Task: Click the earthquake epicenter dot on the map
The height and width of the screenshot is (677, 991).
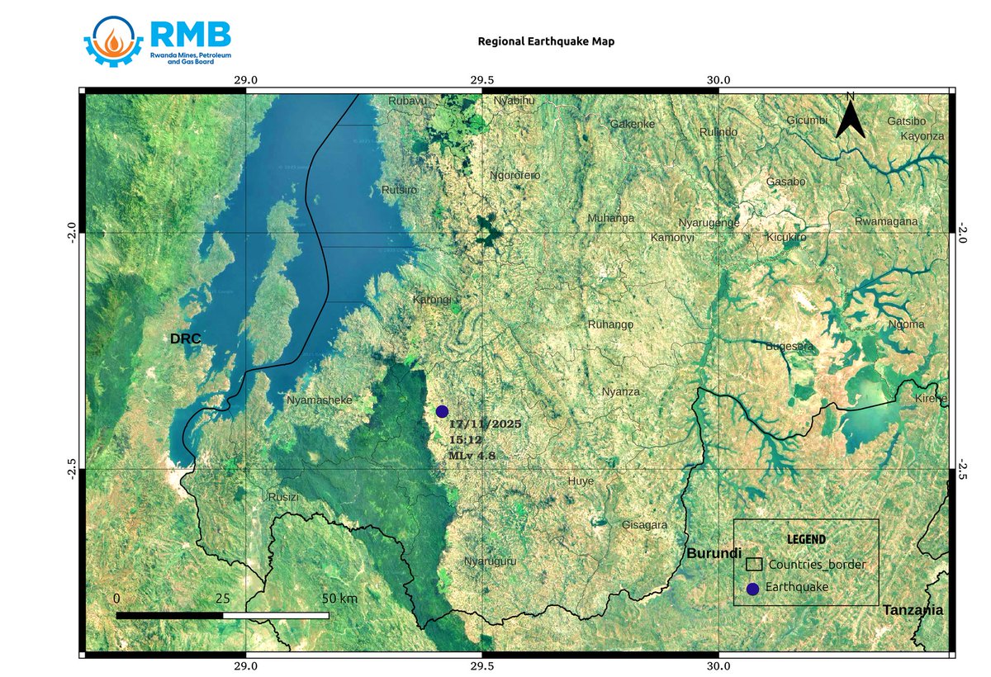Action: pos(442,411)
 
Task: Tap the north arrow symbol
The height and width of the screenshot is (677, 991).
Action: pos(850,116)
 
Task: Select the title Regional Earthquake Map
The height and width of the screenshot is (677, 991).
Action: pos(546,40)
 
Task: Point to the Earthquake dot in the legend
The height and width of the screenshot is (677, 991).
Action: pos(752,589)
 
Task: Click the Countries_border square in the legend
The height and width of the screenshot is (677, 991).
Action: pos(754,565)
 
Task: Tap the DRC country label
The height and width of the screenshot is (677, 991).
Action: pos(186,339)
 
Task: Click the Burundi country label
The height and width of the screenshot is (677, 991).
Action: pos(714,553)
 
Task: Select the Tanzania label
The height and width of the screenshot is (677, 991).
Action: pos(913,610)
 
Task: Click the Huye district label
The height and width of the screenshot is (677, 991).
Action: pos(581,481)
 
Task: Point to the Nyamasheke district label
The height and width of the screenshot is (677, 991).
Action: pos(320,400)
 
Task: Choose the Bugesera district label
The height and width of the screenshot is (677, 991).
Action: pos(790,346)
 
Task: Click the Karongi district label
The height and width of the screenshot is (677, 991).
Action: pos(432,301)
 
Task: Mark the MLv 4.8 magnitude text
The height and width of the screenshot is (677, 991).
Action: pos(472,455)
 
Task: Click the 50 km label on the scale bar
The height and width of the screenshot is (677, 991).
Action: pos(339,598)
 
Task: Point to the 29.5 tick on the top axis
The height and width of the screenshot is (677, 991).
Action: pos(482,80)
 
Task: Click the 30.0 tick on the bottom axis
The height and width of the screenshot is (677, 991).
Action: pos(718,665)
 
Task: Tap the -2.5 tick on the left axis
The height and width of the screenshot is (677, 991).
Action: pos(73,469)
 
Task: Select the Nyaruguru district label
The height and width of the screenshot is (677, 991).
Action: pos(490,561)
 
